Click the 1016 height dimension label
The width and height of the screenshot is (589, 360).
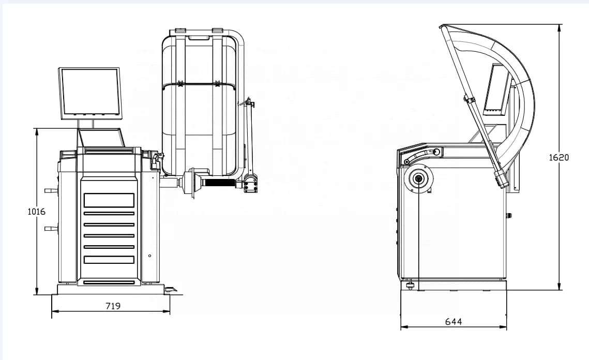pos(36,212)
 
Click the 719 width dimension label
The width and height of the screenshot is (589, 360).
pos(113,306)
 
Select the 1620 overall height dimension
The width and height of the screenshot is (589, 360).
pos(558,157)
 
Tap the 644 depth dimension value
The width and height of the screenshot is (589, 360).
pos(454,321)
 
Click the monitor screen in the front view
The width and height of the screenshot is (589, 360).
pos(90,92)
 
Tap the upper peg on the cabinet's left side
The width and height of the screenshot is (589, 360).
pos(51,190)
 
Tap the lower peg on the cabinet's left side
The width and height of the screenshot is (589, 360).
pos(51,228)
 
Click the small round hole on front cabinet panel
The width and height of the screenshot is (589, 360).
pos(149,256)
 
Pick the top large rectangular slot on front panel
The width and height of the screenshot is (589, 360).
pos(109,200)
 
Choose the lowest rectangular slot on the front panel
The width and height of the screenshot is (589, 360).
pos(109,282)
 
